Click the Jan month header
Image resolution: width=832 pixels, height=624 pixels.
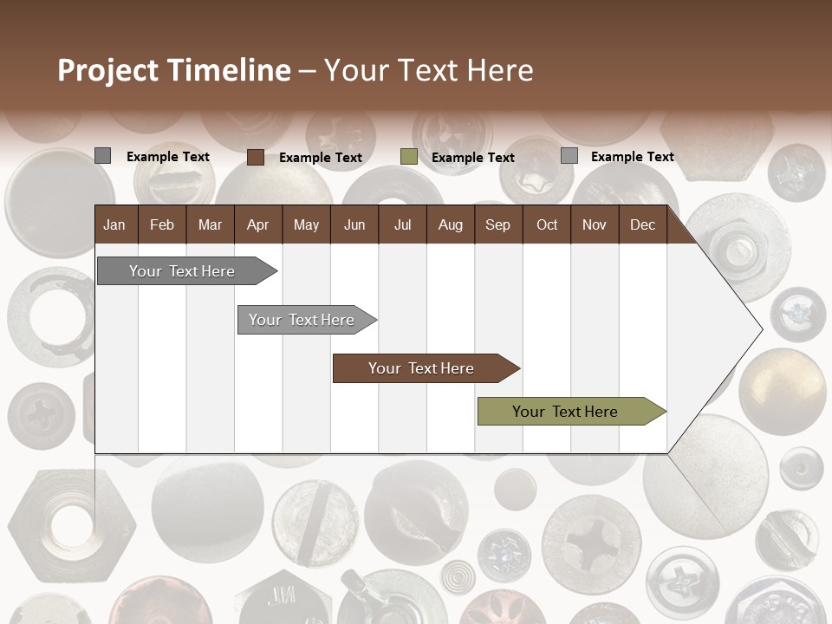[x=114, y=225]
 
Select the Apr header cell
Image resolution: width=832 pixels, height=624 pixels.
[x=257, y=225]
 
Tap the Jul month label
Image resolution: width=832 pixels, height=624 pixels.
[x=402, y=225]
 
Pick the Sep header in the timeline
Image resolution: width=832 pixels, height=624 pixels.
[x=497, y=225]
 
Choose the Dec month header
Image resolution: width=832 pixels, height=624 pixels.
[x=642, y=225]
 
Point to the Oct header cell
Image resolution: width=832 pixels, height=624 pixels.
[x=547, y=225]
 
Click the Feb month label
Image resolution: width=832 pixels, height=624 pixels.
[x=162, y=225]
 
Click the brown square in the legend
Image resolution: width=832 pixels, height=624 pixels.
[x=256, y=157]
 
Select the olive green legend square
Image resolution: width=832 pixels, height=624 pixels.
[x=409, y=157]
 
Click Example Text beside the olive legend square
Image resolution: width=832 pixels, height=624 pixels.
[x=473, y=158]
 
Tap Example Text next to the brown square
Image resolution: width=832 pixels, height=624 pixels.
[x=321, y=158]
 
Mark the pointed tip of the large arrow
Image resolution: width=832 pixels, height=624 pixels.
[x=761, y=329]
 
